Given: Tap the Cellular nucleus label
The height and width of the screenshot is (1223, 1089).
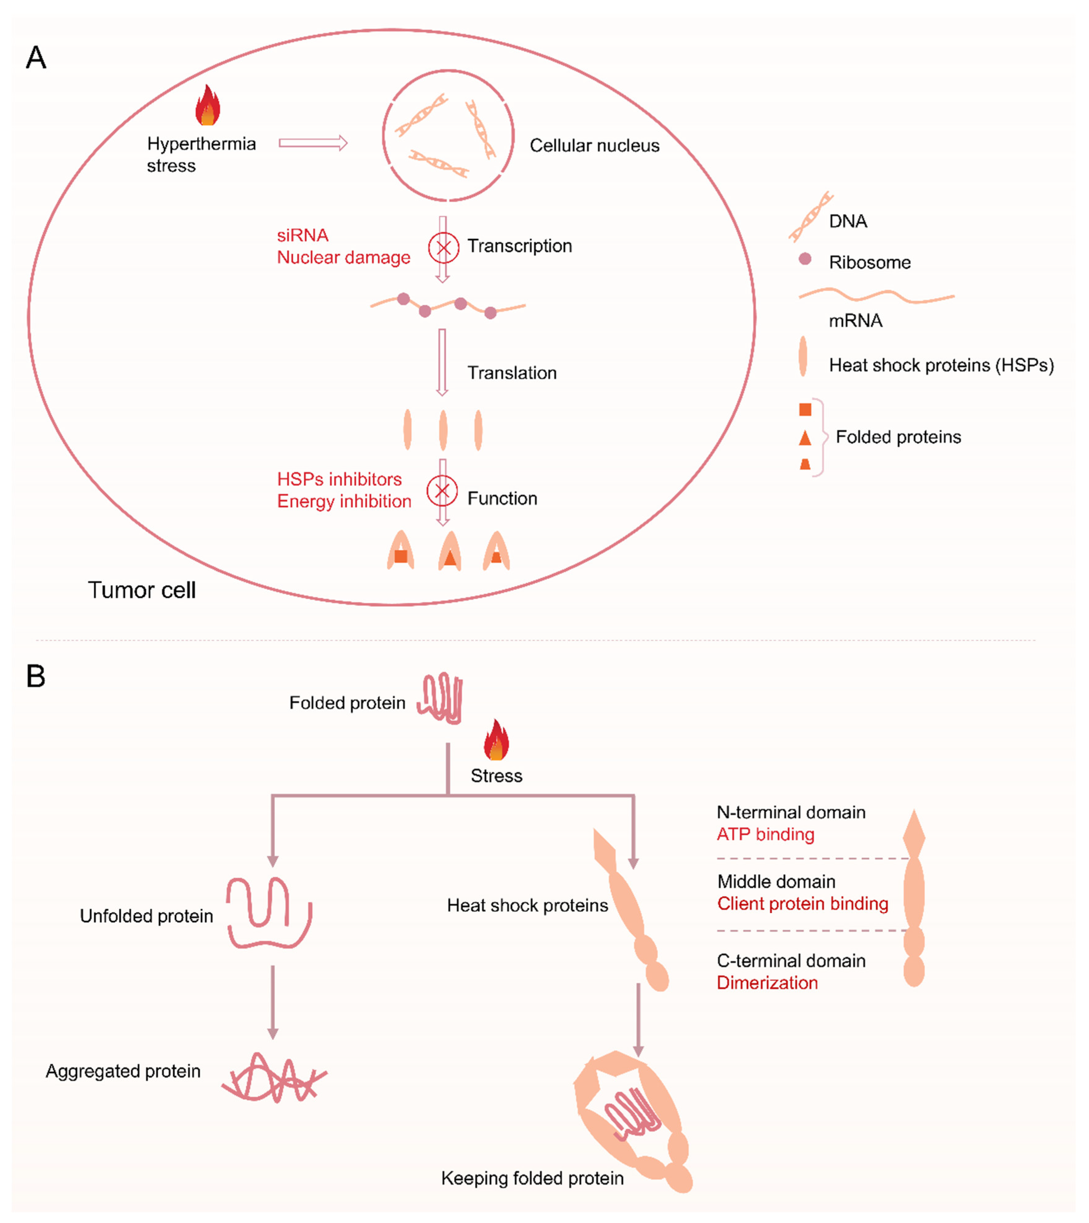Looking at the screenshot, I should [x=594, y=145].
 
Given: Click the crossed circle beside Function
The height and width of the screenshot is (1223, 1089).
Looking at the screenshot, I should [x=442, y=491].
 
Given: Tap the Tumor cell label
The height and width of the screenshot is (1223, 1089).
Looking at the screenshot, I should [x=142, y=590].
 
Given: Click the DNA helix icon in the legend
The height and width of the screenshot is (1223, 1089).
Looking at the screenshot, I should [x=811, y=217].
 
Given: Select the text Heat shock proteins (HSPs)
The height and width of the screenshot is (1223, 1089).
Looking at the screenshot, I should [x=941, y=365].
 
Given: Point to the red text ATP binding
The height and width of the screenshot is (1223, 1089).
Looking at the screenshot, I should [x=765, y=834].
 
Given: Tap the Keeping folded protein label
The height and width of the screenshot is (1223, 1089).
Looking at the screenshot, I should [x=532, y=1178].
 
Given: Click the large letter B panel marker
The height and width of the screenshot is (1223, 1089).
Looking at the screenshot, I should [x=36, y=677].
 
